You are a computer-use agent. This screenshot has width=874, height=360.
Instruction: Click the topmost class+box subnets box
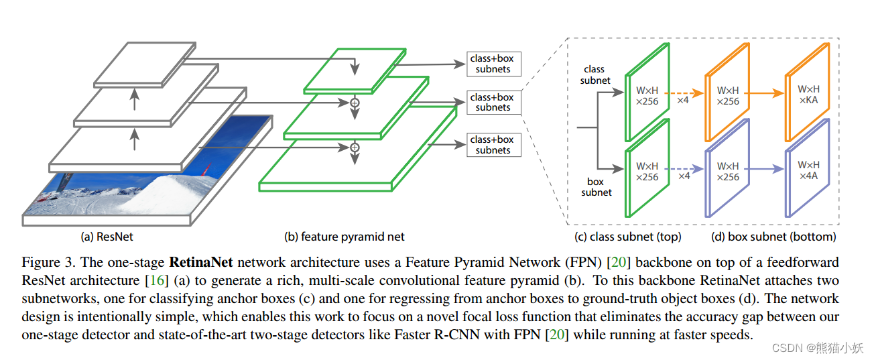pos(493,64)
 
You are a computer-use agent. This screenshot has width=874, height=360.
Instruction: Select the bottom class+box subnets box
pos(493,145)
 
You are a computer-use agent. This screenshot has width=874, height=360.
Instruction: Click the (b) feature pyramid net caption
pos(345,236)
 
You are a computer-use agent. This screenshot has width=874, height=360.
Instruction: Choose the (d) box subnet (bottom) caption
pos(773,236)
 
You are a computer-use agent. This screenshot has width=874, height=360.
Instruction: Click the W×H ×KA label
pos(808,95)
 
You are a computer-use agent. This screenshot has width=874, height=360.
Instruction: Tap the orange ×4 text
pos(684,100)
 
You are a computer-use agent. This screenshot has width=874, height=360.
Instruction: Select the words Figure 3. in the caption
pos(44,261)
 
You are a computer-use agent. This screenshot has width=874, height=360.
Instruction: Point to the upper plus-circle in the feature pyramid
pos(355,103)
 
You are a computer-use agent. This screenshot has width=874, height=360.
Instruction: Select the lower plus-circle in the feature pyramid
pos(355,147)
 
